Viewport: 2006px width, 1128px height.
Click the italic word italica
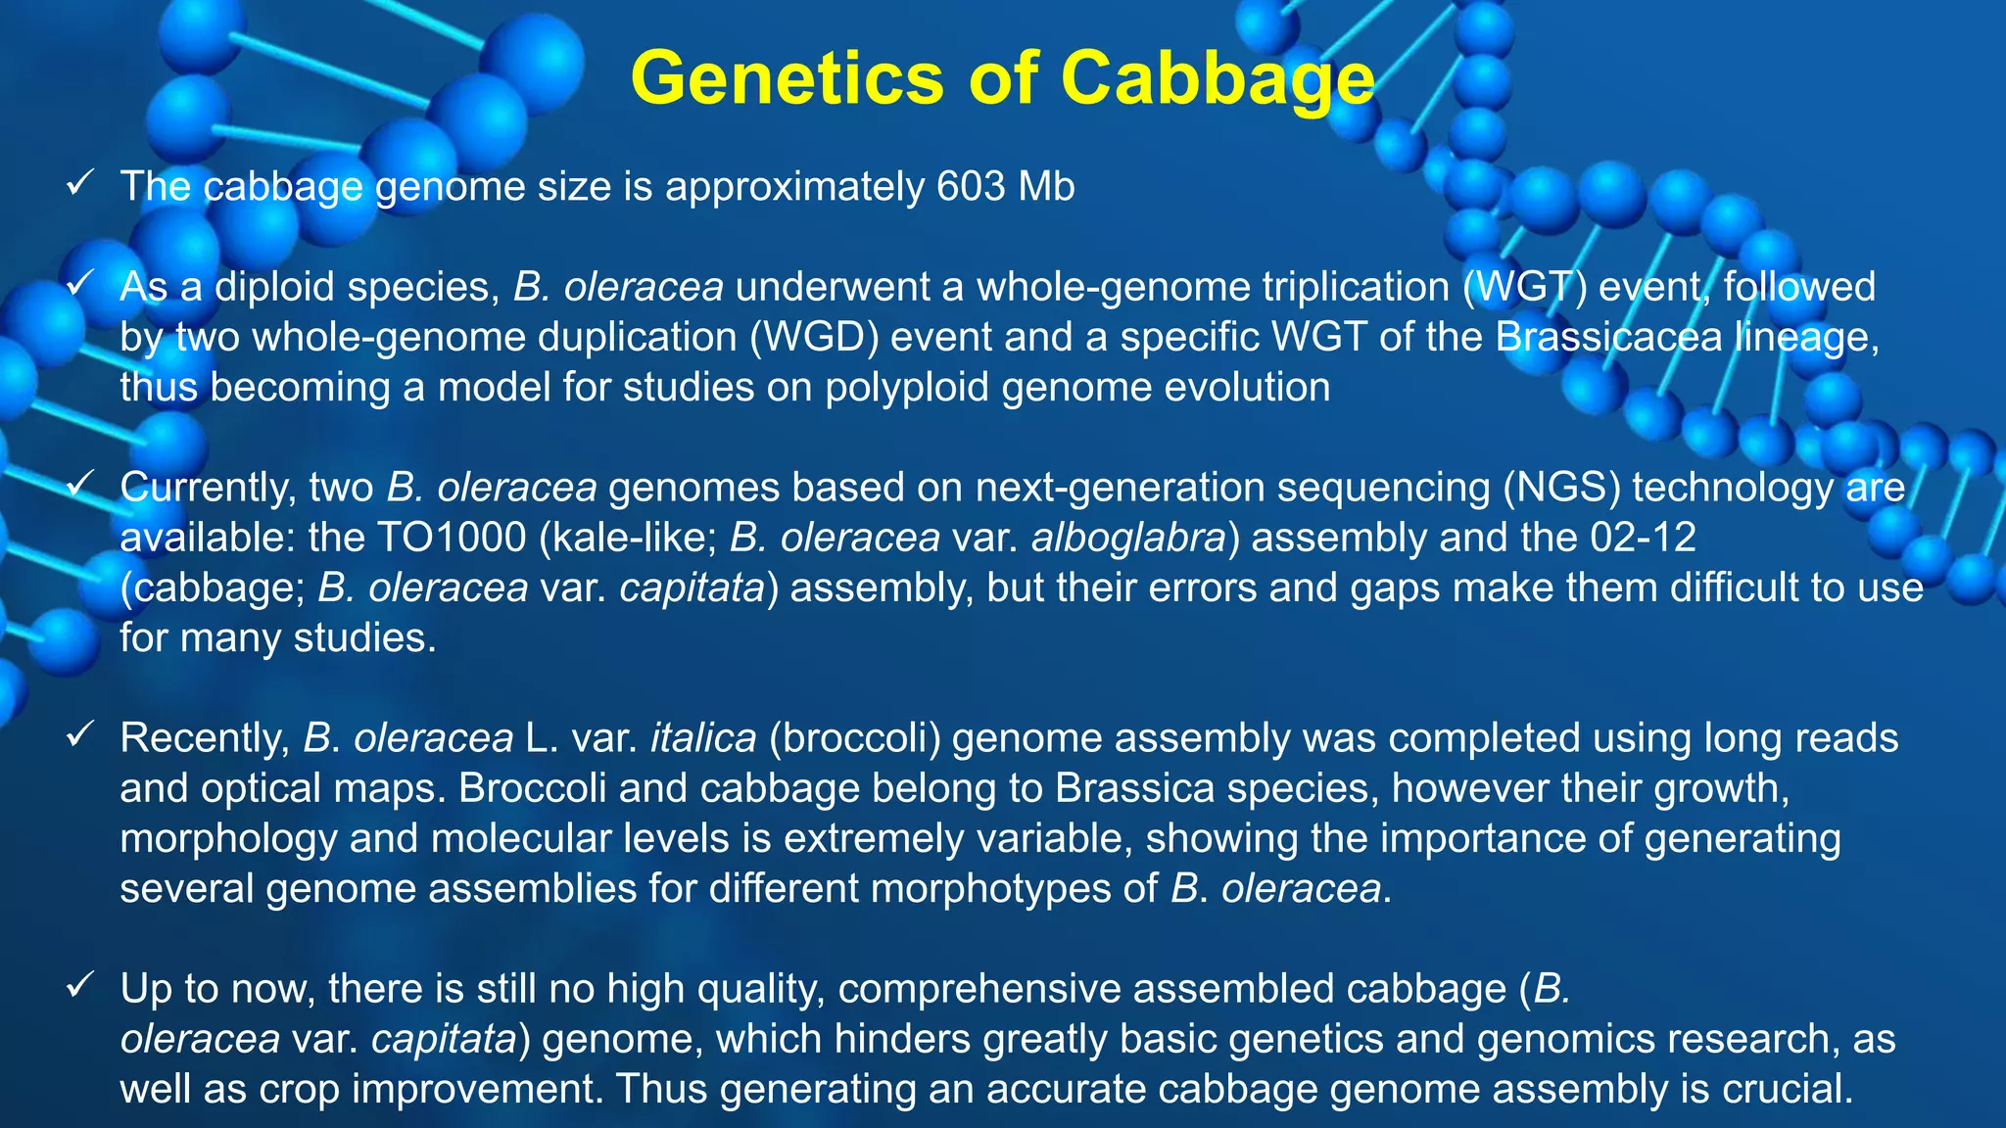click(703, 738)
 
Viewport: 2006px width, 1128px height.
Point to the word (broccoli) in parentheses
click(854, 738)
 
